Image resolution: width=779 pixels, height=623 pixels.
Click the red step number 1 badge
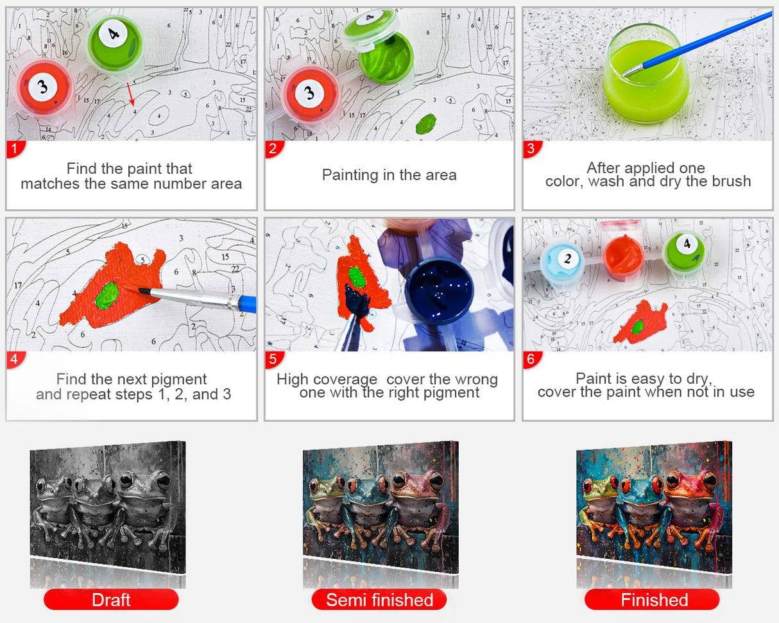click(x=15, y=149)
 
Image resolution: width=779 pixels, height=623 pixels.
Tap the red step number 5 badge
click(x=274, y=359)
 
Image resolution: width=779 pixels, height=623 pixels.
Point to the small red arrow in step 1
click(x=130, y=94)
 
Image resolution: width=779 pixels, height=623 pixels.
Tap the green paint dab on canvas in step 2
click(x=425, y=123)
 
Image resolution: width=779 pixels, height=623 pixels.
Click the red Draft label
click(x=111, y=600)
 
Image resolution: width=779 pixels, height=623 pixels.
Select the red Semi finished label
click(x=379, y=600)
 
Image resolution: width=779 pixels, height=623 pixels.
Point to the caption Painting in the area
click(x=389, y=175)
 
